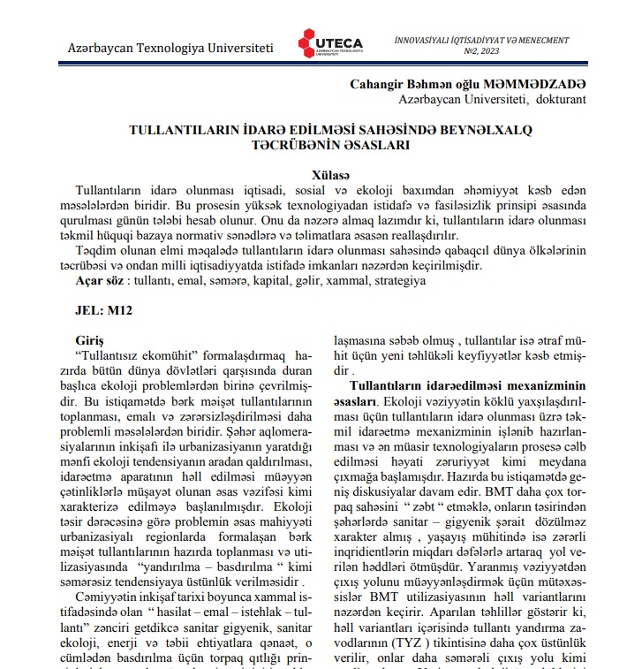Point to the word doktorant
tap(555, 99)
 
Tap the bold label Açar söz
tap(99, 280)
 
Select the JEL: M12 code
tap(104, 311)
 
